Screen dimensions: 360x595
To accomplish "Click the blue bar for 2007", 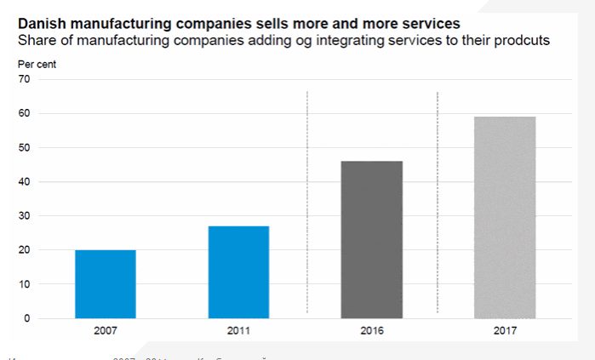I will [106, 283].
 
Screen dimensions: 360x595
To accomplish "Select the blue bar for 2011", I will [238, 271].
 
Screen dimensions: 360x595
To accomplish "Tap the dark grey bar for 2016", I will [372, 239].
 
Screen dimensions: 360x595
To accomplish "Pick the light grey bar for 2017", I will [505, 217].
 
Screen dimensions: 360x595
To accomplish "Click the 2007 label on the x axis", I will [106, 330].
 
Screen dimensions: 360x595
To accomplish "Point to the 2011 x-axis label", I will [238, 330].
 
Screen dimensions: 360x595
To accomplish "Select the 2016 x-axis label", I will [372, 330].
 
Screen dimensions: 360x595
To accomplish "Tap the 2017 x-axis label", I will [505, 330].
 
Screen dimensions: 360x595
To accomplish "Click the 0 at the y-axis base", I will [26, 318].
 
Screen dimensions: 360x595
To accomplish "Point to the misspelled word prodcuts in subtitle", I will [521, 40].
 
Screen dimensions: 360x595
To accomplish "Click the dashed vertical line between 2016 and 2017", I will [438, 204].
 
